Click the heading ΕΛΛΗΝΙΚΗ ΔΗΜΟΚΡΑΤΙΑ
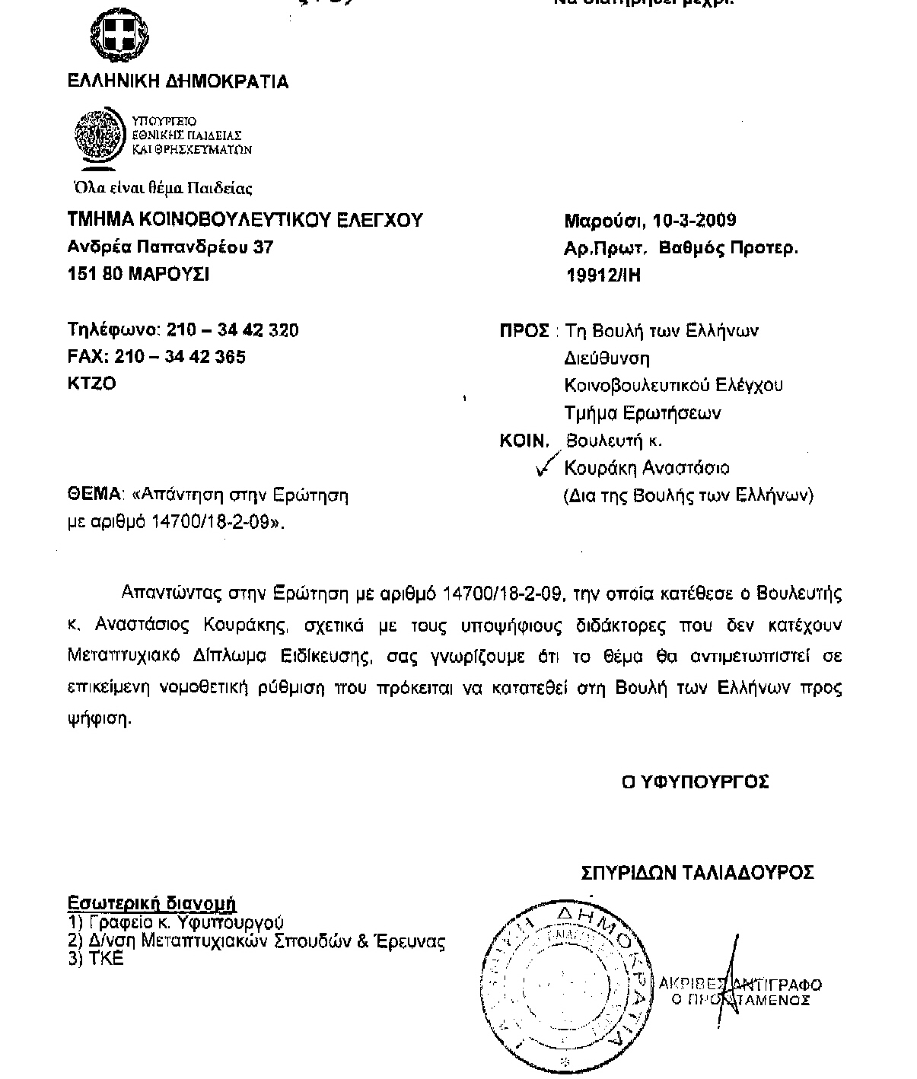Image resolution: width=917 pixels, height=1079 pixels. [178, 81]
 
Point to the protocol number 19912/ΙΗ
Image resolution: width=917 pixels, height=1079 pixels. [603, 275]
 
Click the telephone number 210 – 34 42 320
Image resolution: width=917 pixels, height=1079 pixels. [232, 330]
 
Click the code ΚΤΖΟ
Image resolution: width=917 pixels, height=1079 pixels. [92, 384]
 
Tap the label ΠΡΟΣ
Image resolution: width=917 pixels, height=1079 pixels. [524, 331]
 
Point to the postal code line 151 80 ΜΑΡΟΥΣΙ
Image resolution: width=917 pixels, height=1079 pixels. [139, 274]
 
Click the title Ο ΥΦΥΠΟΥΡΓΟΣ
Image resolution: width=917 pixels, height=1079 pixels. [695, 781]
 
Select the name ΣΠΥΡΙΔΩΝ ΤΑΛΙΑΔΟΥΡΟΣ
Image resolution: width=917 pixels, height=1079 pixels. [697, 872]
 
